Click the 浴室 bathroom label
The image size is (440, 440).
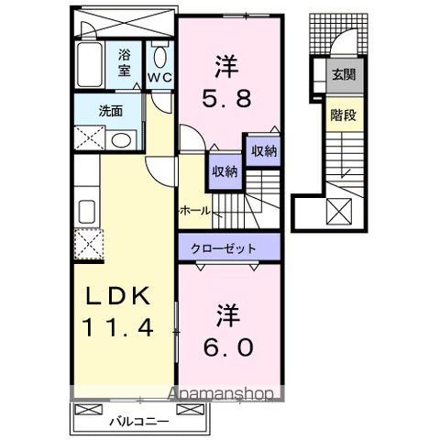pyautogui.click(x=125, y=60)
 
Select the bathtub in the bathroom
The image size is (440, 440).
pyautogui.click(x=91, y=64)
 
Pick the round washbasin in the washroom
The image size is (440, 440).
pyautogui.click(x=119, y=139)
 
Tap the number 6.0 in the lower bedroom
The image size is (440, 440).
pyautogui.click(x=225, y=348)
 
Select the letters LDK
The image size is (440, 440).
pyautogui.click(x=116, y=297)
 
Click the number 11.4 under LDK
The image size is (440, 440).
pyautogui.click(x=116, y=325)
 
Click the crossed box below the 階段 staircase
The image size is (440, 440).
pyautogui.click(x=339, y=212)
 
